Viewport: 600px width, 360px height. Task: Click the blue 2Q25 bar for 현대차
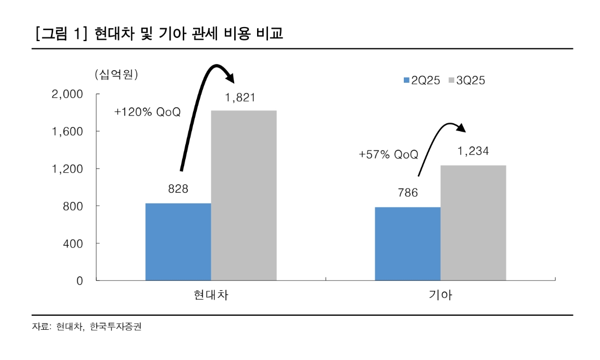(x=178, y=242)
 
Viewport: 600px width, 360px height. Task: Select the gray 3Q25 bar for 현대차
(x=244, y=196)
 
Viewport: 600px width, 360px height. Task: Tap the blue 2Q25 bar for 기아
(x=407, y=243)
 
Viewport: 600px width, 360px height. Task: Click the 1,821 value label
(x=240, y=97)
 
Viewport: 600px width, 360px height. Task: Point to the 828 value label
(x=178, y=189)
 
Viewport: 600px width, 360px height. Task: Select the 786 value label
(x=407, y=194)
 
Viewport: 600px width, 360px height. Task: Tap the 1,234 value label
(x=473, y=151)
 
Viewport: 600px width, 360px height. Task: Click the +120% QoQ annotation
(x=148, y=112)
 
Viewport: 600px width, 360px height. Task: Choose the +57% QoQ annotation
(x=388, y=155)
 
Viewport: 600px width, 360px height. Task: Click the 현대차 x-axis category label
(x=211, y=296)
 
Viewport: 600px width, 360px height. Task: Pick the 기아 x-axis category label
(x=440, y=296)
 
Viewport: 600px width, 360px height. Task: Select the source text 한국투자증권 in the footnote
(x=116, y=327)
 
